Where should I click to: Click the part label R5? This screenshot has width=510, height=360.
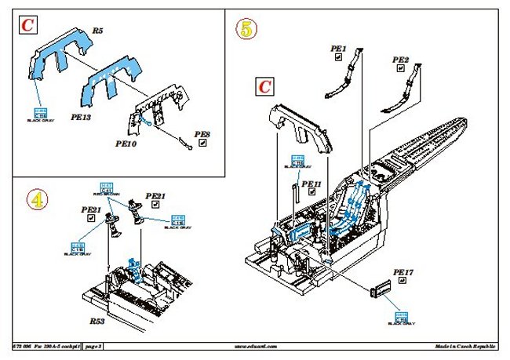point(98,31)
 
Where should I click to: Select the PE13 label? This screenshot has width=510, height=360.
point(82,115)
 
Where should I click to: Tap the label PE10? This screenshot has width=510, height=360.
point(126,144)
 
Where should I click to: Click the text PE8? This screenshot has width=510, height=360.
point(202,134)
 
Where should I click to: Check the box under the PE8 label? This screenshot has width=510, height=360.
point(202,144)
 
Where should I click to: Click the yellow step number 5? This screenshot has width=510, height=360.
point(248,30)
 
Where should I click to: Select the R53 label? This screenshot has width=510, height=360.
point(97,322)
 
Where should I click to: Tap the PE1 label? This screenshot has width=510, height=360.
point(339,49)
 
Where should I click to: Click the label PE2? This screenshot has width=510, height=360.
point(400,60)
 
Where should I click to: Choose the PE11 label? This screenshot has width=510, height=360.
point(312,184)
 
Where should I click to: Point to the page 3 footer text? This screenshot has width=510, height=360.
point(93,346)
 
